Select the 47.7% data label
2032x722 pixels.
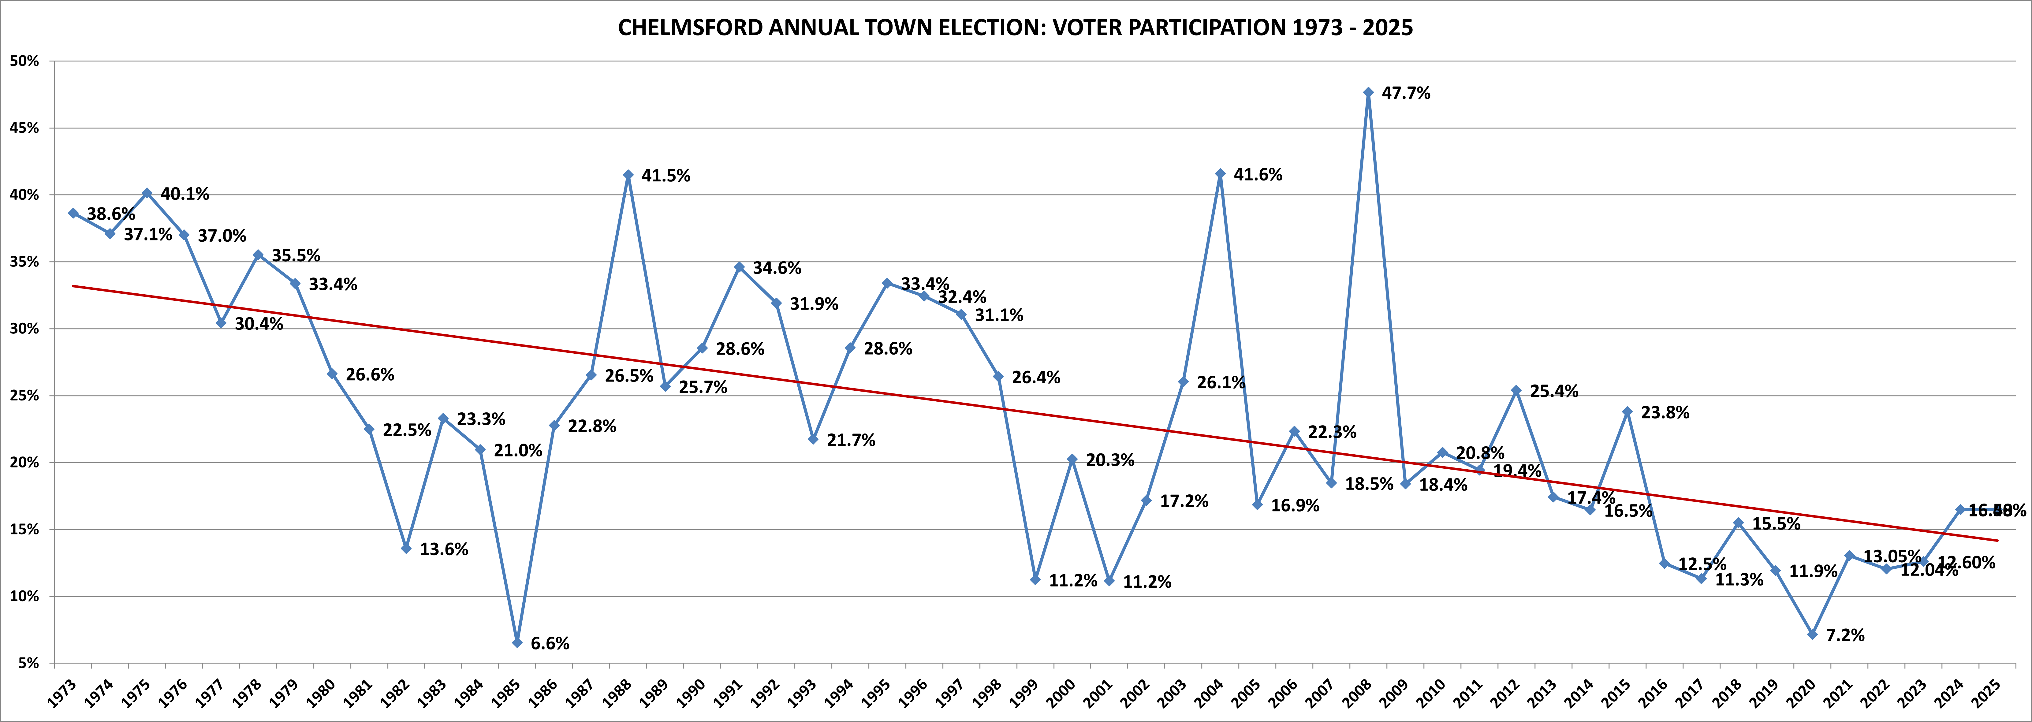tap(1406, 93)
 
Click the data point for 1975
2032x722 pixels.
tap(147, 192)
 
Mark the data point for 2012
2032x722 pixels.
tap(1516, 390)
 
